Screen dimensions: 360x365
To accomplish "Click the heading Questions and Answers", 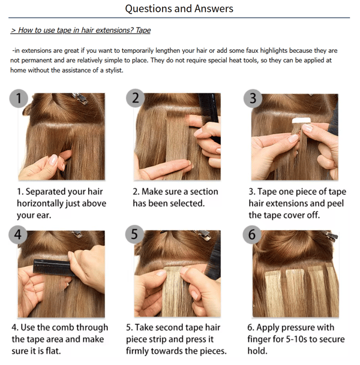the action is pyautogui.click(x=179, y=8).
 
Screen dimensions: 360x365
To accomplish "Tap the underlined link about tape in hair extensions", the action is pyautogui.click(x=80, y=30).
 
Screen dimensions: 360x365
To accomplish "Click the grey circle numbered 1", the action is pyautogui.click(x=19, y=98).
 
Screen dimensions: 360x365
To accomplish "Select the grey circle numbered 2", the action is pyautogui.click(x=136, y=98).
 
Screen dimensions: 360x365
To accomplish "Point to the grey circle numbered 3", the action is pyautogui.click(x=253, y=98).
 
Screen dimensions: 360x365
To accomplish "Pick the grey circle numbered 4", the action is pyautogui.click(x=18, y=234).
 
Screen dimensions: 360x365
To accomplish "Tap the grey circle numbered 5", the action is pyautogui.click(x=134, y=234).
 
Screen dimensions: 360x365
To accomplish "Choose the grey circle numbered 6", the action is pyautogui.click(x=252, y=234).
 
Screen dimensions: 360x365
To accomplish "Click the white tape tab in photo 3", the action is pyautogui.click(x=301, y=120).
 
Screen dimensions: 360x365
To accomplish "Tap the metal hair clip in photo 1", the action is pyautogui.click(x=80, y=98).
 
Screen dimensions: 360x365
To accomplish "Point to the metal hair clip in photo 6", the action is pyautogui.click(x=331, y=236).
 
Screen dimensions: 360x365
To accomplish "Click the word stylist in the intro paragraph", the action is pyautogui.click(x=114, y=70).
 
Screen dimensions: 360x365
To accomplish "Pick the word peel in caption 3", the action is pyautogui.click(x=335, y=203).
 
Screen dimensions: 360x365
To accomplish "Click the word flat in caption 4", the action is pyautogui.click(x=53, y=351).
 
